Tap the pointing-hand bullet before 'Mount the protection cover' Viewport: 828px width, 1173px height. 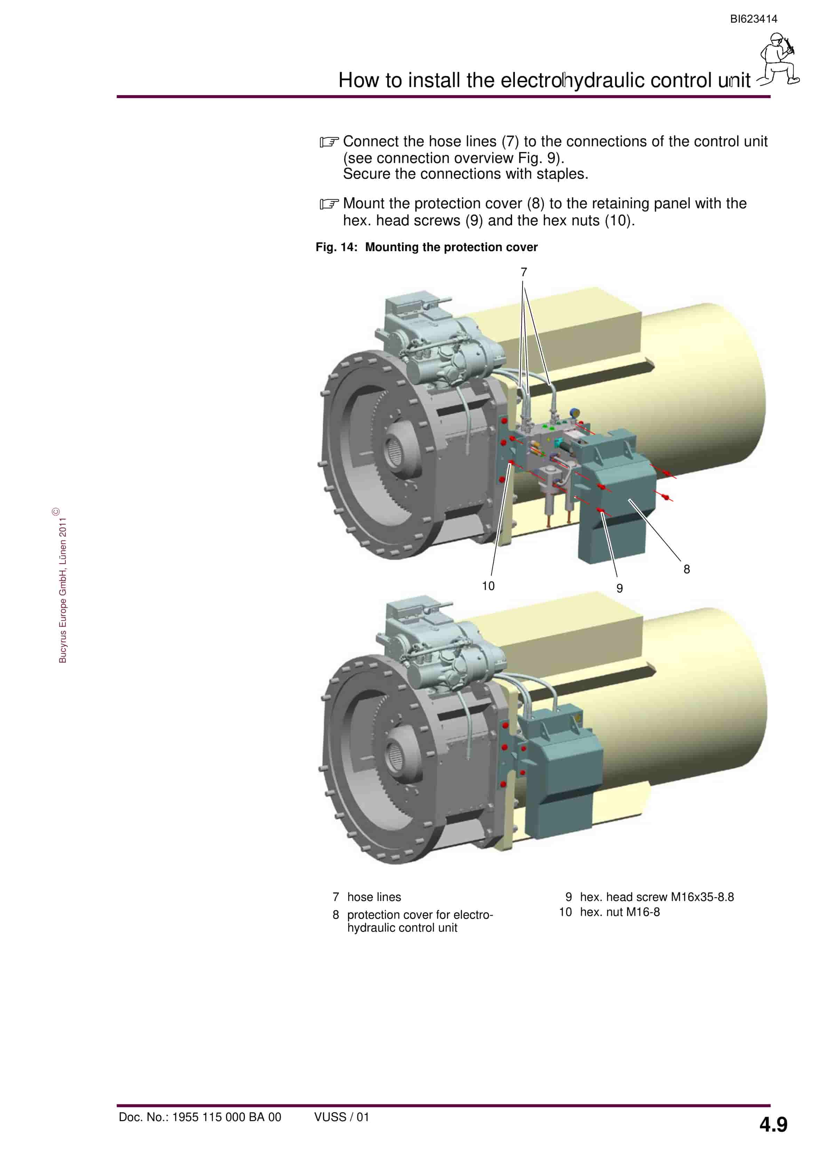pos(329,204)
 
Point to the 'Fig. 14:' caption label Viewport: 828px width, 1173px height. pos(336,247)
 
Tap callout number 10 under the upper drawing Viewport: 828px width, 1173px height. pos(488,586)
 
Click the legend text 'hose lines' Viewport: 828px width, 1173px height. pos(374,897)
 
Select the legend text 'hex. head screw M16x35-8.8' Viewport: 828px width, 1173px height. pos(657,897)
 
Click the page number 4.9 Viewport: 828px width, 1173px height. pos(773,1125)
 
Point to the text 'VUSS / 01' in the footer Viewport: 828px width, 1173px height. pos(342,1117)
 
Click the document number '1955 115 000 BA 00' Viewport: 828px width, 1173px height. pos(226,1117)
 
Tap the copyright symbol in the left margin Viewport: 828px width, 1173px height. pos(56,511)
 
